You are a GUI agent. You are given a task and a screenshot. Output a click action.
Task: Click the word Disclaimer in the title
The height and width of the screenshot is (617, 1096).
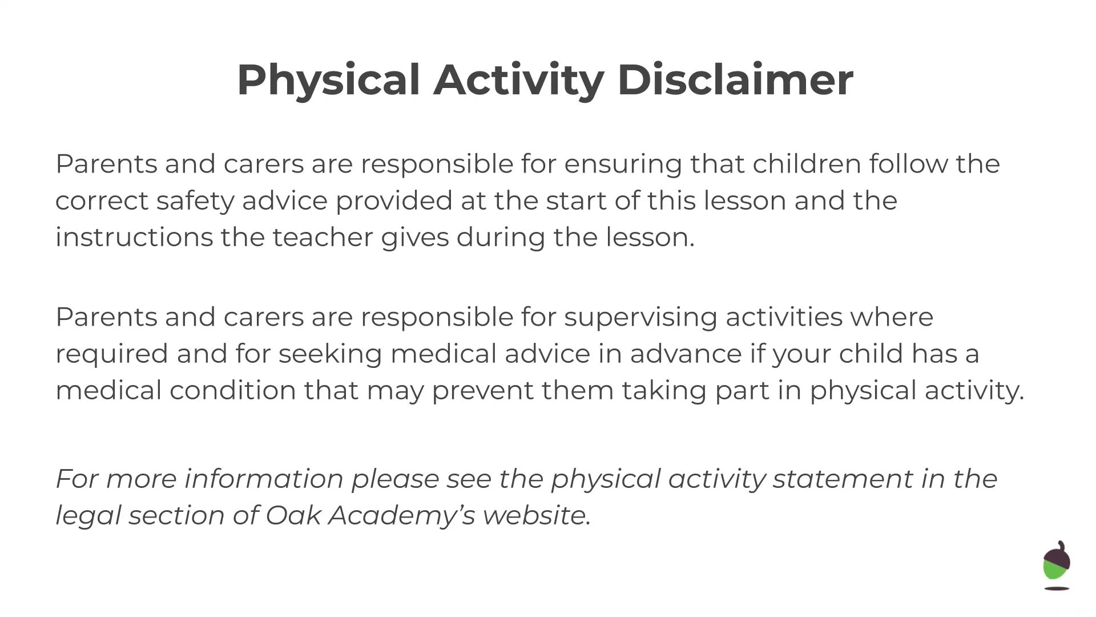click(735, 79)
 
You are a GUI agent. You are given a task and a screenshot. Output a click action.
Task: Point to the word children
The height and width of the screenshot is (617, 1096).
click(807, 164)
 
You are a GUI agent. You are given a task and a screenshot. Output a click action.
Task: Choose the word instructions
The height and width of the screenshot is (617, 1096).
click(134, 237)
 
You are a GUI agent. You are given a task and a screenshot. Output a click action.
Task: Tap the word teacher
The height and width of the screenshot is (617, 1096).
click(323, 238)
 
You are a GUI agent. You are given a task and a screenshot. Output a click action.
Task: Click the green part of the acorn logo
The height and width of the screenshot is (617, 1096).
click(1054, 570)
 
